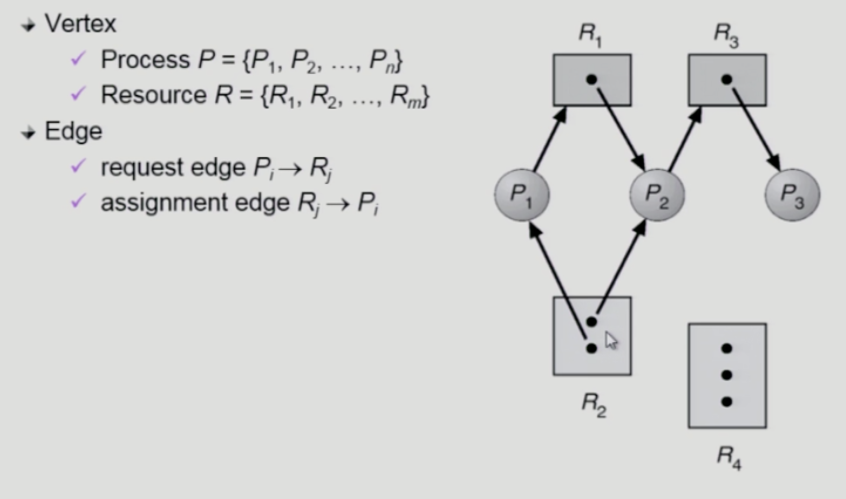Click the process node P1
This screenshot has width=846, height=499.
pos(522,195)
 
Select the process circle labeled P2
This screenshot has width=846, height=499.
pos(657,195)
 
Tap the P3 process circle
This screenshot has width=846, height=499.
pos(792,195)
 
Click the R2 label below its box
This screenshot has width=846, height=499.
pos(594,404)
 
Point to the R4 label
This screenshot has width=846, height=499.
pos(729,457)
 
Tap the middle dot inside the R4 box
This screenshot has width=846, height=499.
pos(727,375)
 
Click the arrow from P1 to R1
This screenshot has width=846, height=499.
pos(550,139)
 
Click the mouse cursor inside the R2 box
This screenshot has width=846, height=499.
pos(611,341)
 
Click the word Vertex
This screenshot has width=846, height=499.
pos(80,23)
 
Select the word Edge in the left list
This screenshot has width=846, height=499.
pos(73,131)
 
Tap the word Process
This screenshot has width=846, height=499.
pos(145,60)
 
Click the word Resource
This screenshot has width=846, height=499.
pos(153,95)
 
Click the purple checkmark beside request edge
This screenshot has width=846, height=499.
pos(78,166)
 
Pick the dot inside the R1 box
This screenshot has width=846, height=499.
pos(592,79)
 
